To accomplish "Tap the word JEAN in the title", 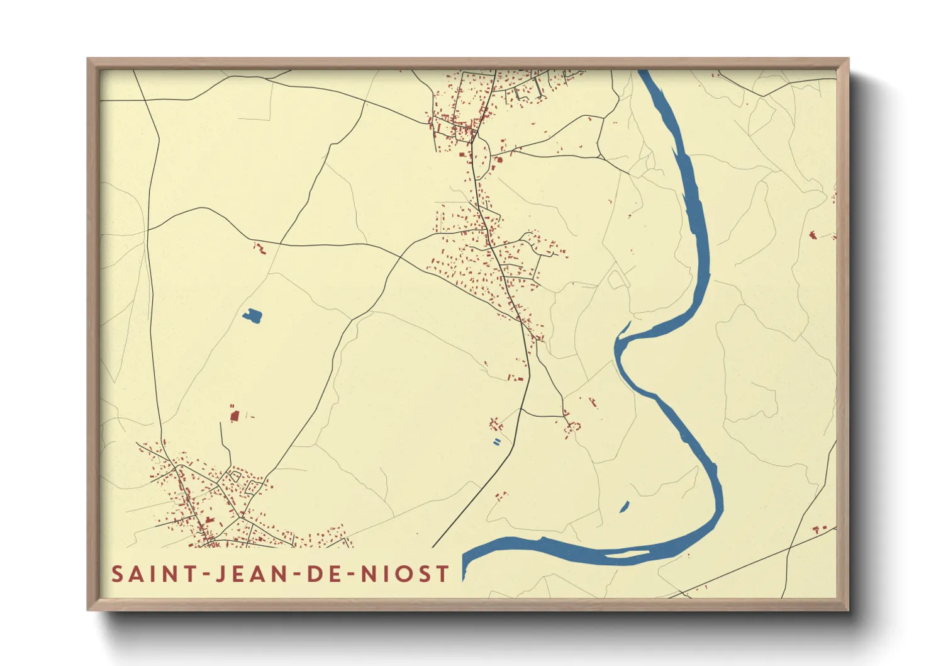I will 246,574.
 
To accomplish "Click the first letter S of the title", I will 118,574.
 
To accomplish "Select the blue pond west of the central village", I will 253,315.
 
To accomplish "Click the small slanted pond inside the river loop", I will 625,506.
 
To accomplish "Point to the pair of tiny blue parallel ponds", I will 498,441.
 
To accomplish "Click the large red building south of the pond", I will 235,415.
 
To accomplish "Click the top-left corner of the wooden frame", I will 88,59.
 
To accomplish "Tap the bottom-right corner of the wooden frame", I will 848,610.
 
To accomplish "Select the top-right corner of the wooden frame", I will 848,59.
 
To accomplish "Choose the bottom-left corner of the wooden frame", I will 88,610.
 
